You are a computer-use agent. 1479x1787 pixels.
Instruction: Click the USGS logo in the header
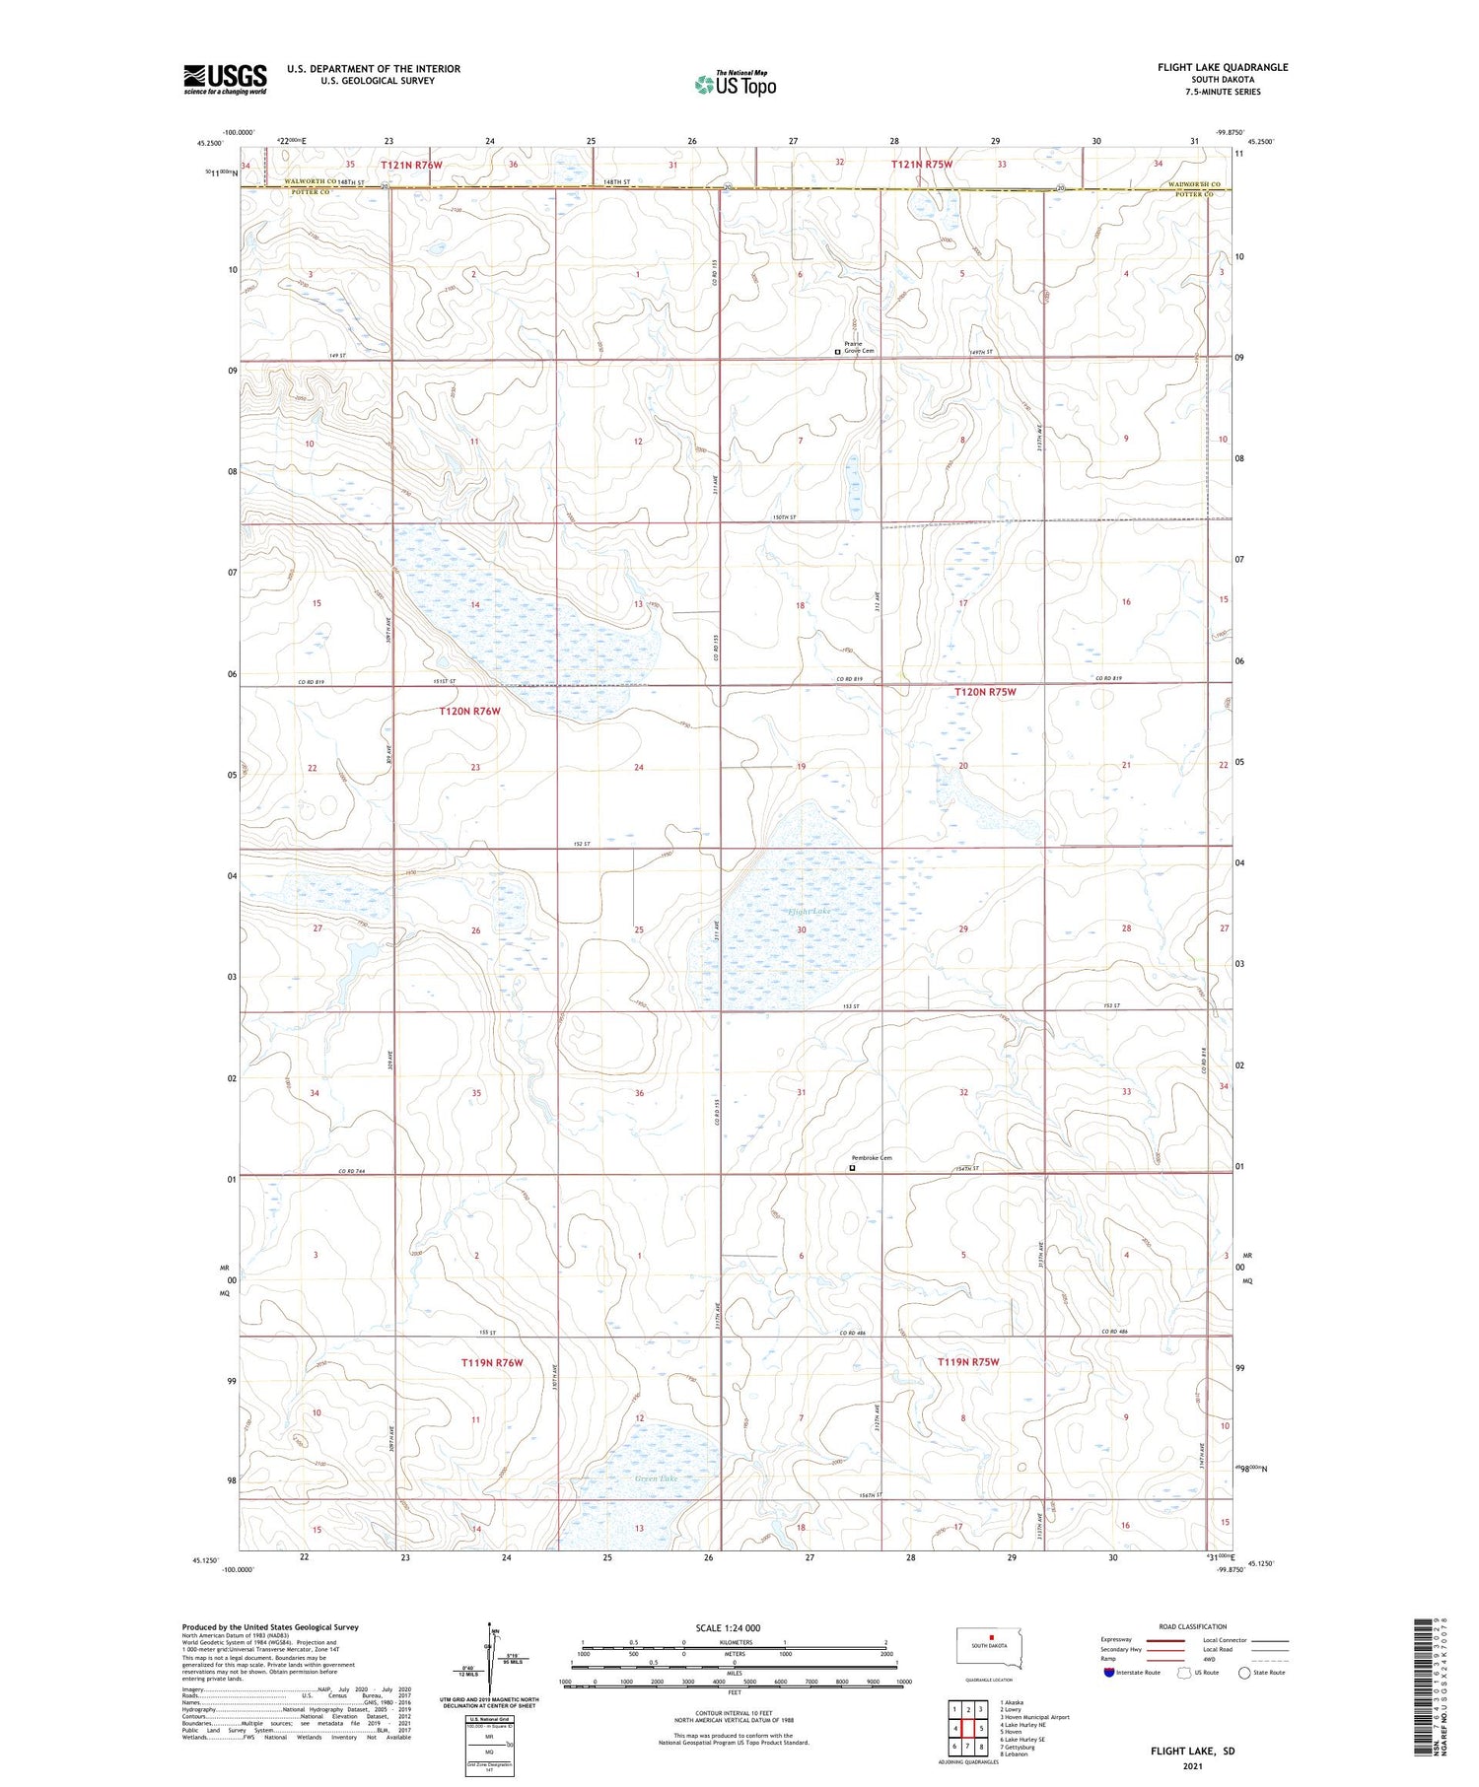tap(225, 79)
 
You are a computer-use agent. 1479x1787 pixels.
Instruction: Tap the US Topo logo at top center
tap(735, 85)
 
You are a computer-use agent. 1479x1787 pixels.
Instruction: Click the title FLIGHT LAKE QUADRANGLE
tap(1223, 67)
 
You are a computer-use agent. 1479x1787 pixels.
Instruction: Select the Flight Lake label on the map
tap(810, 912)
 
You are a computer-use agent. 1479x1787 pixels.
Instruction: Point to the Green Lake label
tap(656, 1478)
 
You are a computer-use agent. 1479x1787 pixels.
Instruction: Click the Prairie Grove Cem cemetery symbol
tap(838, 351)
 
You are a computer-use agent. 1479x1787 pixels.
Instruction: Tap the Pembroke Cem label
tap(872, 1158)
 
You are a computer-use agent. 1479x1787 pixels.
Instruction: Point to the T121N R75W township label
tap(922, 165)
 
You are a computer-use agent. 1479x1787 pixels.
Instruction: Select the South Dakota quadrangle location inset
tap(989, 1649)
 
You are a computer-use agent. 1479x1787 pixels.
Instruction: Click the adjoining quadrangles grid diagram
tap(967, 1728)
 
